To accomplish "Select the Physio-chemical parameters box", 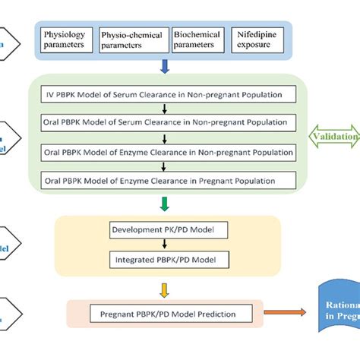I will (x=133, y=40).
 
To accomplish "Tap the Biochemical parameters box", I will (x=197, y=40).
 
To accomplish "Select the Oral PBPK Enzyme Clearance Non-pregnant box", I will (x=166, y=153).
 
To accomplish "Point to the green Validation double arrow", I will (x=334, y=137).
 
